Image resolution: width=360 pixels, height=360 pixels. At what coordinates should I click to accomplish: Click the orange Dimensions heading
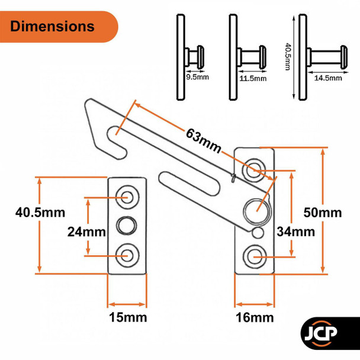(x=53, y=27)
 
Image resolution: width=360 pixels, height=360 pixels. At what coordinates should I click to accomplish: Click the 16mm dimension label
(x=255, y=318)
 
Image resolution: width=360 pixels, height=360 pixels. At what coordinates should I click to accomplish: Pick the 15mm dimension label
(x=127, y=318)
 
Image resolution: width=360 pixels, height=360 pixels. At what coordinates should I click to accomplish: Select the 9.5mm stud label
(x=197, y=77)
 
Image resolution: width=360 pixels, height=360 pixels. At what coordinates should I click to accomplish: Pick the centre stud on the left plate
(x=127, y=225)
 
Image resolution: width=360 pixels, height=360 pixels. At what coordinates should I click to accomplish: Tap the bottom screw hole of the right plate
(x=255, y=255)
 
